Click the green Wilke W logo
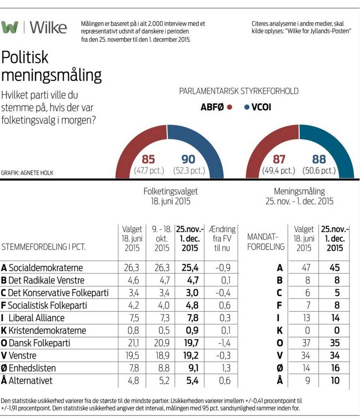tap(10, 27)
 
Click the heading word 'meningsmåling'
tap(51, 75)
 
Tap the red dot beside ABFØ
tap(230, 107)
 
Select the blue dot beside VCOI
tap(246, 107)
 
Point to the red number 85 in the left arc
tap(148, 160)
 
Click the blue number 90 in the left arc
tap(188, 160)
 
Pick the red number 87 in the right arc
tap(279, 160)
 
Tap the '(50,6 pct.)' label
tap(319, 171)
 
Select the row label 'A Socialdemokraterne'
tap(42, 268)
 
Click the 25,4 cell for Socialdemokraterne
tap(189, 268)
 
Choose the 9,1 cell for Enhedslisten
tap(189, 368)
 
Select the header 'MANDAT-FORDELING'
tap(265, 242)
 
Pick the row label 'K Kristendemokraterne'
tap(43, 330)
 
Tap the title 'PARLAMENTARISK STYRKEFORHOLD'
tap(238, 91)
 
